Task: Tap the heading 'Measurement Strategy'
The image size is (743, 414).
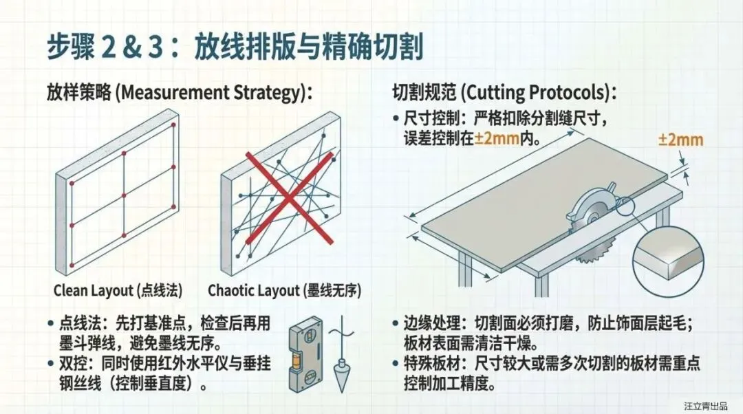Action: click(x=212, y=92)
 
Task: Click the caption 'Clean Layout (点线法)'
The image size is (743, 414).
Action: click(x=118, y=290)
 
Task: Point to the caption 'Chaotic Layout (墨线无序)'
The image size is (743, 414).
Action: click(x=284, y=290)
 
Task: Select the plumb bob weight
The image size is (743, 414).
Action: click(x=341, y=375)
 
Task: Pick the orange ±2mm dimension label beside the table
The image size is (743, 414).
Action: click(x=681, y=140)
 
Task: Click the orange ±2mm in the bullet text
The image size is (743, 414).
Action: click(x=497, y=139)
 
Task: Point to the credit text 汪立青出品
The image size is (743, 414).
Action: click(x=706, y=406)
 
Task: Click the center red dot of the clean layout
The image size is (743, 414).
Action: click(x=124, y=195)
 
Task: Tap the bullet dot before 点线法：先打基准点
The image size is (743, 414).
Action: click(x=51, y=324)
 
